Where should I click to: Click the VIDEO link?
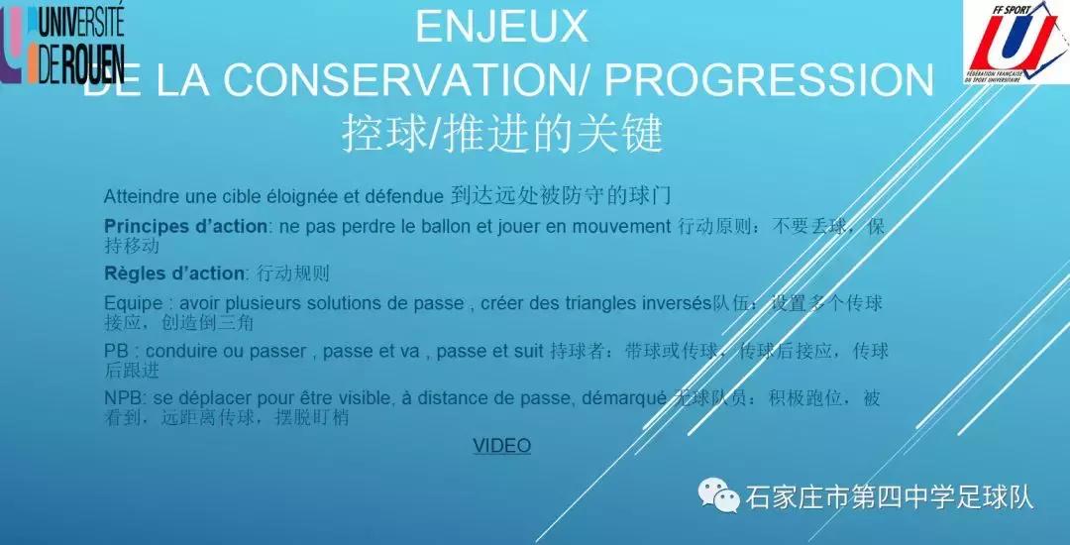501,446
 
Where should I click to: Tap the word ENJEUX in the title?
501,27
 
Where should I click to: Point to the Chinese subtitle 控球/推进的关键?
501,134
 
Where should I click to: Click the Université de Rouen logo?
63,44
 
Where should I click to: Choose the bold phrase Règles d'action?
173,273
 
